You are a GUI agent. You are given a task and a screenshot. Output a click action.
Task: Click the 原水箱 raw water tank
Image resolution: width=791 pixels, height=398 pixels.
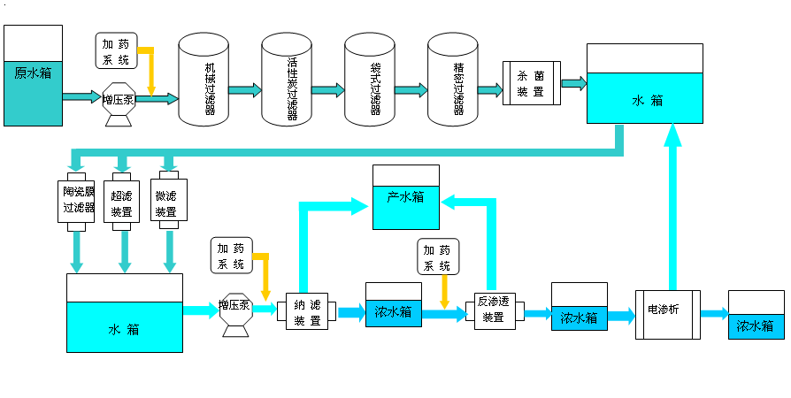[33, 75]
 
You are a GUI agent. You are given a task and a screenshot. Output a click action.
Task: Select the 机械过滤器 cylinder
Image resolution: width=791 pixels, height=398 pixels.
[210, 80]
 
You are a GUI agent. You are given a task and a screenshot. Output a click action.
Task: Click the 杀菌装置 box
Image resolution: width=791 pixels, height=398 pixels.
[531, 83]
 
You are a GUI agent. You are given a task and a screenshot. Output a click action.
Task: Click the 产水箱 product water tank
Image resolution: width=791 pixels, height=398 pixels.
[405, 196]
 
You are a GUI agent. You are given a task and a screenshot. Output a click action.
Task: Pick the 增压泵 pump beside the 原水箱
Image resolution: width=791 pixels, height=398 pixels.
[119, 101]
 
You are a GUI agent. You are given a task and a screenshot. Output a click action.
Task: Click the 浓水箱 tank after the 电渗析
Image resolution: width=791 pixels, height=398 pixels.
[756, 315]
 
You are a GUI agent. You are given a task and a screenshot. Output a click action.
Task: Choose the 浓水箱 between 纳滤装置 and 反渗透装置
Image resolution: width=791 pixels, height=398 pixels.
[393, 305]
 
